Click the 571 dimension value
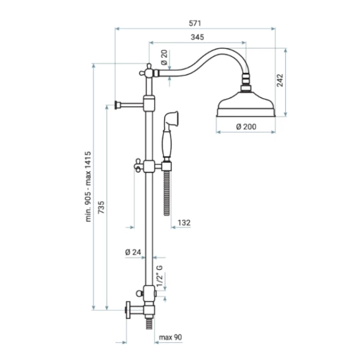[x=195, y=23]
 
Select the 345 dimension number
[x=197, y=37]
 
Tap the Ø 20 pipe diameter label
[x=164, y=58]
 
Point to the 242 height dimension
[x=280, y=80]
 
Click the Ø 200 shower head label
[x=246, y=127]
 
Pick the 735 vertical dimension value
[x=101, y=207]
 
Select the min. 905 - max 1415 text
[x=88, y=187]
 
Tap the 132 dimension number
[x=184, y=222]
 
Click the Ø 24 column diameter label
[x=133, y=252]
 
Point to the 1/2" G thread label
[x=160, y=276]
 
